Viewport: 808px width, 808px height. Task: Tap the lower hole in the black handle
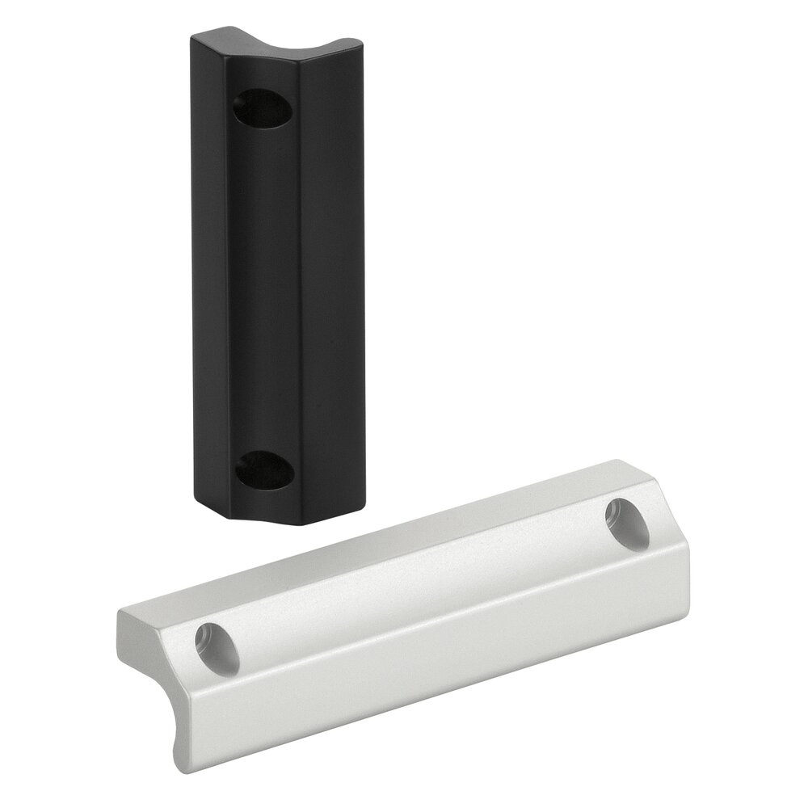pyautogui.click(x=263, y=468)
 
